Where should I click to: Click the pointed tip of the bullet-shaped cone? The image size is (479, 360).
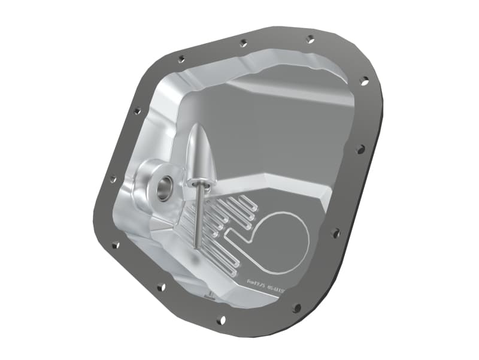click(198, 126)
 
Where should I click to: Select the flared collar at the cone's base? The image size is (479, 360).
click(198, 179)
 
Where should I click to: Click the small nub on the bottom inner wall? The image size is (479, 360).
click(210, 295)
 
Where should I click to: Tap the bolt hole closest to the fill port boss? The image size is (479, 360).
click(113, 179)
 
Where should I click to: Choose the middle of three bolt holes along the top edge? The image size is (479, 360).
click(242, 43)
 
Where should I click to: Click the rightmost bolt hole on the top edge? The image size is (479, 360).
click(310, 39)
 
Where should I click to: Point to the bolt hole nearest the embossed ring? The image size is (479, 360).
click(335, 232)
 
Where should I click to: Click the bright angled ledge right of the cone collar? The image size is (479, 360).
click(269, 179)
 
